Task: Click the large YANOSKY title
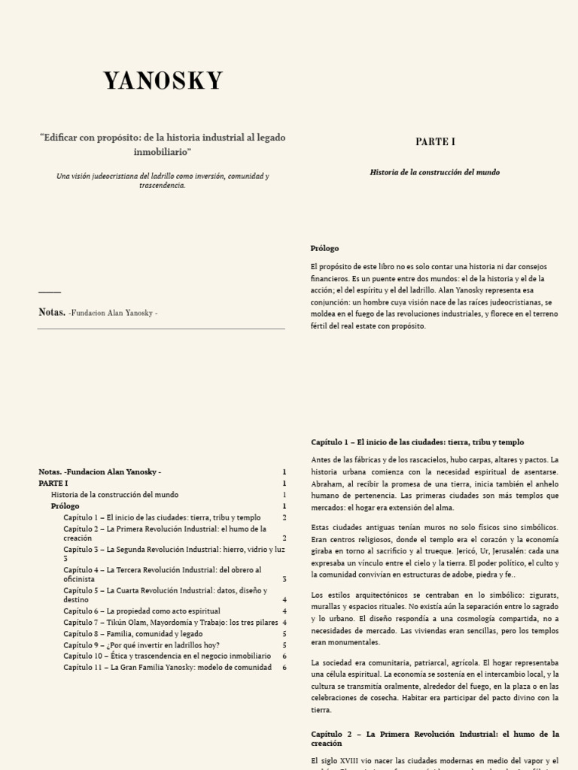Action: pos(163,81)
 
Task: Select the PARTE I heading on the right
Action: pos(435,141)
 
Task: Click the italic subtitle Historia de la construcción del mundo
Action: pos(434,172)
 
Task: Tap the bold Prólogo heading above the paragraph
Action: pos(324,248)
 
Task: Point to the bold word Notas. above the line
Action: pos(51,312)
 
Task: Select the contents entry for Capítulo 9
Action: pos(141,645)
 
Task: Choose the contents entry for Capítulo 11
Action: pos(167,668)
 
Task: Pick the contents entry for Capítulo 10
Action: pos(166,656)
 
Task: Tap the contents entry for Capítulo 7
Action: pos(169,623)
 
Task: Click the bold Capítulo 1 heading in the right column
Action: pos(417,442)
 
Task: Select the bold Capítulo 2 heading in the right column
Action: pos(434,738)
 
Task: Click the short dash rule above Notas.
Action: pos(49,292)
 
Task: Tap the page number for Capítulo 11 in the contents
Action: pos(284,668)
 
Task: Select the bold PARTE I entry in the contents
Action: pos(53,483)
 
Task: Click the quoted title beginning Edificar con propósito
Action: pos(163,144)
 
